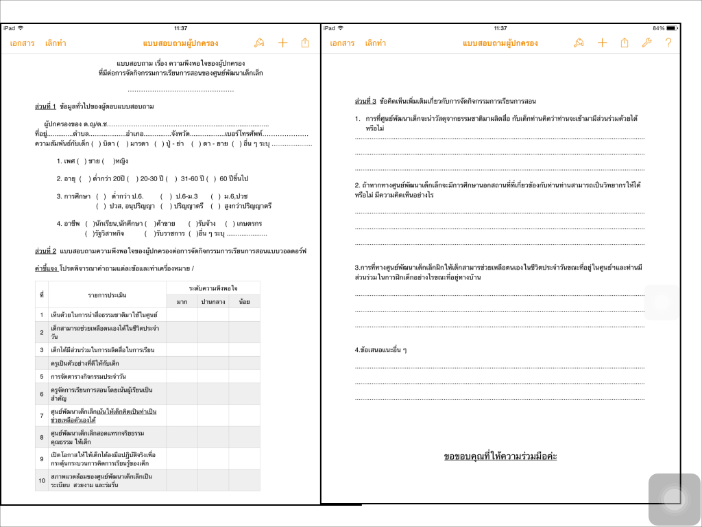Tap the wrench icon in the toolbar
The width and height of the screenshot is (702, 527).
(646, 43)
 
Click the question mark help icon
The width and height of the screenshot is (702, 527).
(668, 43)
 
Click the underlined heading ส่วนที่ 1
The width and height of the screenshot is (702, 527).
(45, 106)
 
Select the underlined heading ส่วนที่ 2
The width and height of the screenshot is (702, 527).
(45, 250)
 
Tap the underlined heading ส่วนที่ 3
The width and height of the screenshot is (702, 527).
(365, 102)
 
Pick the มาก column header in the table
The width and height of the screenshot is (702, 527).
(182, 301)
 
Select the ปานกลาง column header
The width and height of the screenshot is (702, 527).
(213, 301)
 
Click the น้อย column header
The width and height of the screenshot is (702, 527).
(244, 301)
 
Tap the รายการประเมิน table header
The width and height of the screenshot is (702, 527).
(107, 294)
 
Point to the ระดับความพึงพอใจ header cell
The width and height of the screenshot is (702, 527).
(213, 288)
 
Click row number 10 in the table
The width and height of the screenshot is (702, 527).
(42, 480)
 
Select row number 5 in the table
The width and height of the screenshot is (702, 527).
(42, 377)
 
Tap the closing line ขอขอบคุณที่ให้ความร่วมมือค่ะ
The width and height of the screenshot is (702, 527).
(500, 456)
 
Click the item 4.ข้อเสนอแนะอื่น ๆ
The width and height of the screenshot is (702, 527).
(381, 350)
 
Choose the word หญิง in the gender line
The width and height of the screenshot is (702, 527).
(121, 161)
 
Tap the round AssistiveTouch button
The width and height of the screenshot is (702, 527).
(674, 499)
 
